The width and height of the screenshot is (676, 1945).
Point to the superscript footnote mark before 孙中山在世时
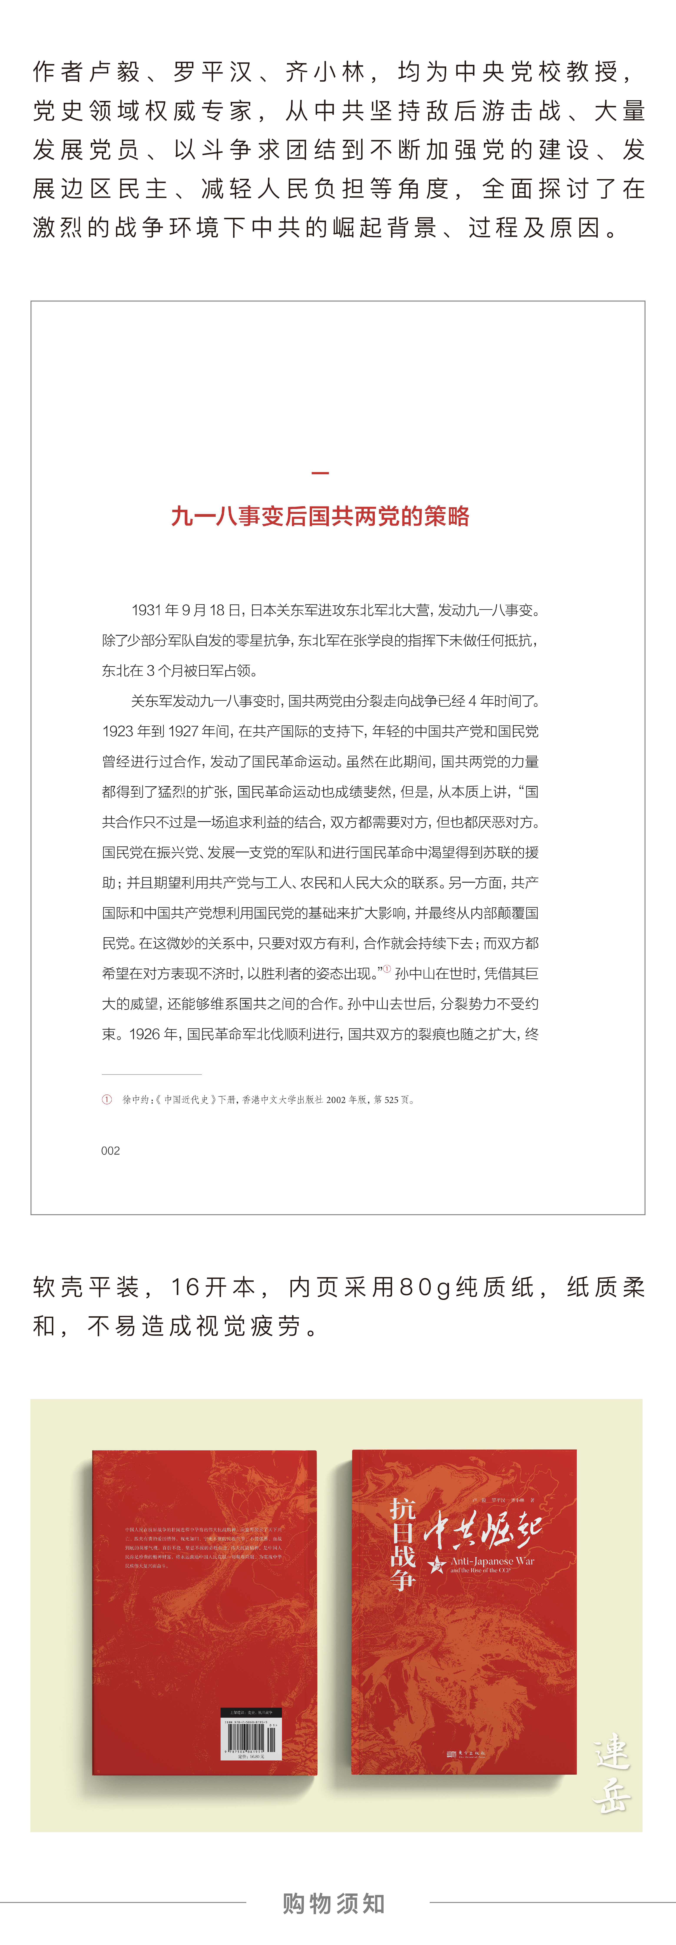[387, 969]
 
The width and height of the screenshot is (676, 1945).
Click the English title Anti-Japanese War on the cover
[492, 1561]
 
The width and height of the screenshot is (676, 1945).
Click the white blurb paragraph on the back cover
[204, 1547]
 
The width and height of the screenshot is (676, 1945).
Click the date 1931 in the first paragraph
[146, 610]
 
